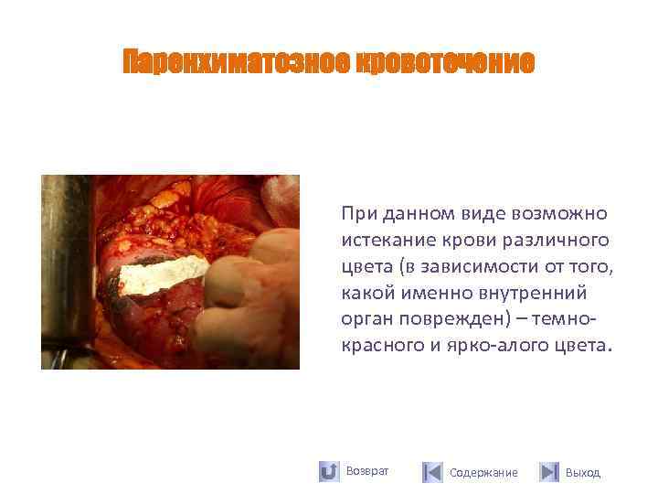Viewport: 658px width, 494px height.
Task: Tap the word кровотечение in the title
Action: [438, 62]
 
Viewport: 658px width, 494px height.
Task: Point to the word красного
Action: [377, 346]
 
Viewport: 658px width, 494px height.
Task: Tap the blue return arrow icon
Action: [329, 472]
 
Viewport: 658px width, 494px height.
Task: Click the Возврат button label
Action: [367, 471]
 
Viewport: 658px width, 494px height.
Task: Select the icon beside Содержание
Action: [432, 472]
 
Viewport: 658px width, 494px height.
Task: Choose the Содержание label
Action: [483, 473]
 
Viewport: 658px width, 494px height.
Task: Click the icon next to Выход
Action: [548, 472]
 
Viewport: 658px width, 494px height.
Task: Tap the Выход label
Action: [583, 473]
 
